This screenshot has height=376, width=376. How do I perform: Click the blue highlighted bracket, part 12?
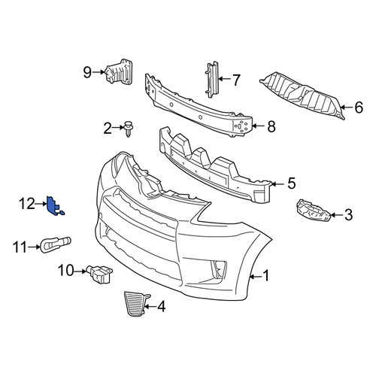53,206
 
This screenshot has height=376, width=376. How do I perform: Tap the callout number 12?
27,204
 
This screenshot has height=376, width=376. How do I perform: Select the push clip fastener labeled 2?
129,129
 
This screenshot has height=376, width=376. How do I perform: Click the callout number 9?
87,72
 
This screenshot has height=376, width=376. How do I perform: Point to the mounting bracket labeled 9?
119,73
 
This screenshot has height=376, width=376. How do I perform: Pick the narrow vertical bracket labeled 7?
212,79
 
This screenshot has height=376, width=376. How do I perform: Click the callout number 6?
359,108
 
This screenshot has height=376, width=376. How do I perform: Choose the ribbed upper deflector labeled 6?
302,96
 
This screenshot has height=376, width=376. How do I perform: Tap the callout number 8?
271,126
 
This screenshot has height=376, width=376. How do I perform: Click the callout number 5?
292,183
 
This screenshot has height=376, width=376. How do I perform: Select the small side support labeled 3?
314,211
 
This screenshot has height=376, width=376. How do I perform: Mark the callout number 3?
348,215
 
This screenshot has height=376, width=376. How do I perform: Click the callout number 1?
265,275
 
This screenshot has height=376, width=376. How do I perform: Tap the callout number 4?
162,306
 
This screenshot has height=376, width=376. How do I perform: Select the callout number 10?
66,271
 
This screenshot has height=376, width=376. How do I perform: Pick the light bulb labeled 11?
56,244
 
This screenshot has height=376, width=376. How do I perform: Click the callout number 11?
20,247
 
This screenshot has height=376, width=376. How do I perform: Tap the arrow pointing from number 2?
118,128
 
